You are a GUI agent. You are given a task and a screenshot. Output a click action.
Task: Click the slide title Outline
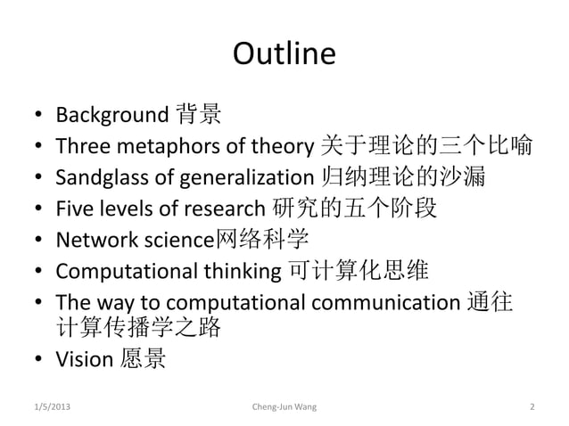284,54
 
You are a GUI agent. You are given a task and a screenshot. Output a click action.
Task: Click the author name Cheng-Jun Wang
284,407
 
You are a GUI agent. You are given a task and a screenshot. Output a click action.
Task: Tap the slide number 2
532,407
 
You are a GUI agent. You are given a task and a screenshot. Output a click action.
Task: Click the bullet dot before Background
37,116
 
